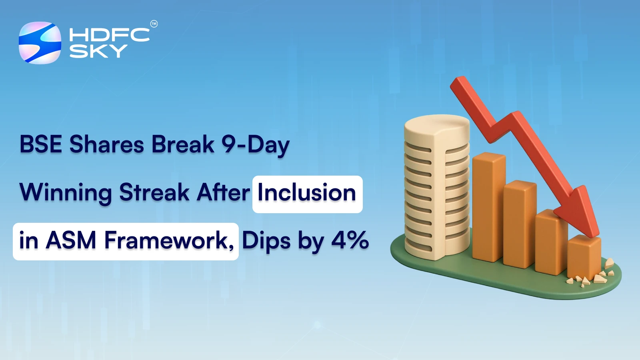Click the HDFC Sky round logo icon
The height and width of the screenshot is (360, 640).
pos(40,43)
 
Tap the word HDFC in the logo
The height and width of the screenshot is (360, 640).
pos(109,35)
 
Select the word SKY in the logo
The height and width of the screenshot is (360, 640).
pos(98,51)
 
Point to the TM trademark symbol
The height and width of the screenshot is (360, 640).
pos(154,24)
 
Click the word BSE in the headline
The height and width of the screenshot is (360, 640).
pos(41,144)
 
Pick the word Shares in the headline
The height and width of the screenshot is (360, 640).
pos(107,144)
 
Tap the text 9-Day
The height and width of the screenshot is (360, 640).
pos(255,144)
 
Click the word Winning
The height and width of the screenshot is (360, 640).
pos(66,193)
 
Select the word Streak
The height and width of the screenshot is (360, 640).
pos(154,193)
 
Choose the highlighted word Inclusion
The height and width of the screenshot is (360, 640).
pos(307,193)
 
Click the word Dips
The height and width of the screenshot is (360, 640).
pos(266,241)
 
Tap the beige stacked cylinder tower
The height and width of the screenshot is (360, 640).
pos(436,184)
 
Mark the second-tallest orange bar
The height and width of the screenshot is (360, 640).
pos(519,224)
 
